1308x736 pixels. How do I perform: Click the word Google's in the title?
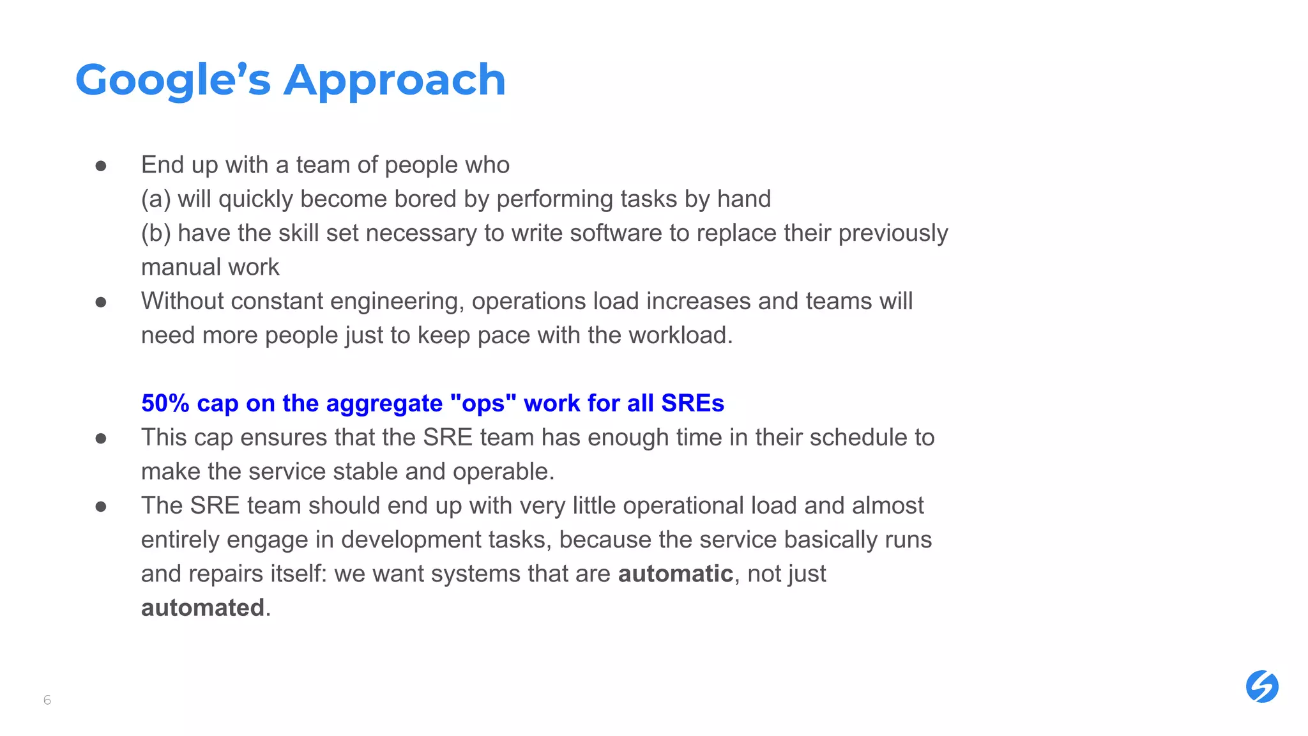(173, 80)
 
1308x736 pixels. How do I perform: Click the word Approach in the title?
(394, 80)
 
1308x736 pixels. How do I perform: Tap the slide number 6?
(47, 700)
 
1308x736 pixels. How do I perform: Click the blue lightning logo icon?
(1261, 687)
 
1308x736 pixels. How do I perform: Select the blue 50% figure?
(165, 403)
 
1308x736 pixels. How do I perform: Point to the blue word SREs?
(692, 403)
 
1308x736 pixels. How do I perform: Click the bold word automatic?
(675, 574)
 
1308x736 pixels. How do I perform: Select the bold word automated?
(202, 608)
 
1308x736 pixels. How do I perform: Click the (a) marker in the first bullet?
(156, 199)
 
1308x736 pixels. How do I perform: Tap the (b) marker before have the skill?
(156, 233)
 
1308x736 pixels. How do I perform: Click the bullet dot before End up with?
(101, 166)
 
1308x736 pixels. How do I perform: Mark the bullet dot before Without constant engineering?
(101, 302)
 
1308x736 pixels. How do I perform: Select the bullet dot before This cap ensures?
(101, 438)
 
